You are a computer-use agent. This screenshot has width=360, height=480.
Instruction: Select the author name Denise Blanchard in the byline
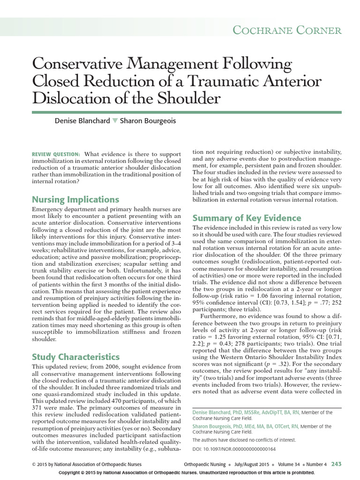click(x=82, y=121)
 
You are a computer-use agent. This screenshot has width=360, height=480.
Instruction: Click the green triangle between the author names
click(x=115, y=121)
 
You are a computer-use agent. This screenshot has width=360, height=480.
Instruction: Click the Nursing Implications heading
click(x=75, y=199)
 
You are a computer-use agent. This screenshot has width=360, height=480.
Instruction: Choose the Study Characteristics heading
click(x=75, y=357)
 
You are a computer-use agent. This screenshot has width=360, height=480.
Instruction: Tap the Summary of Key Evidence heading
click(x=247, y=218)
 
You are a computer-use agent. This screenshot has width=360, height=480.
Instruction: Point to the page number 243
click(x=336, y=464)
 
